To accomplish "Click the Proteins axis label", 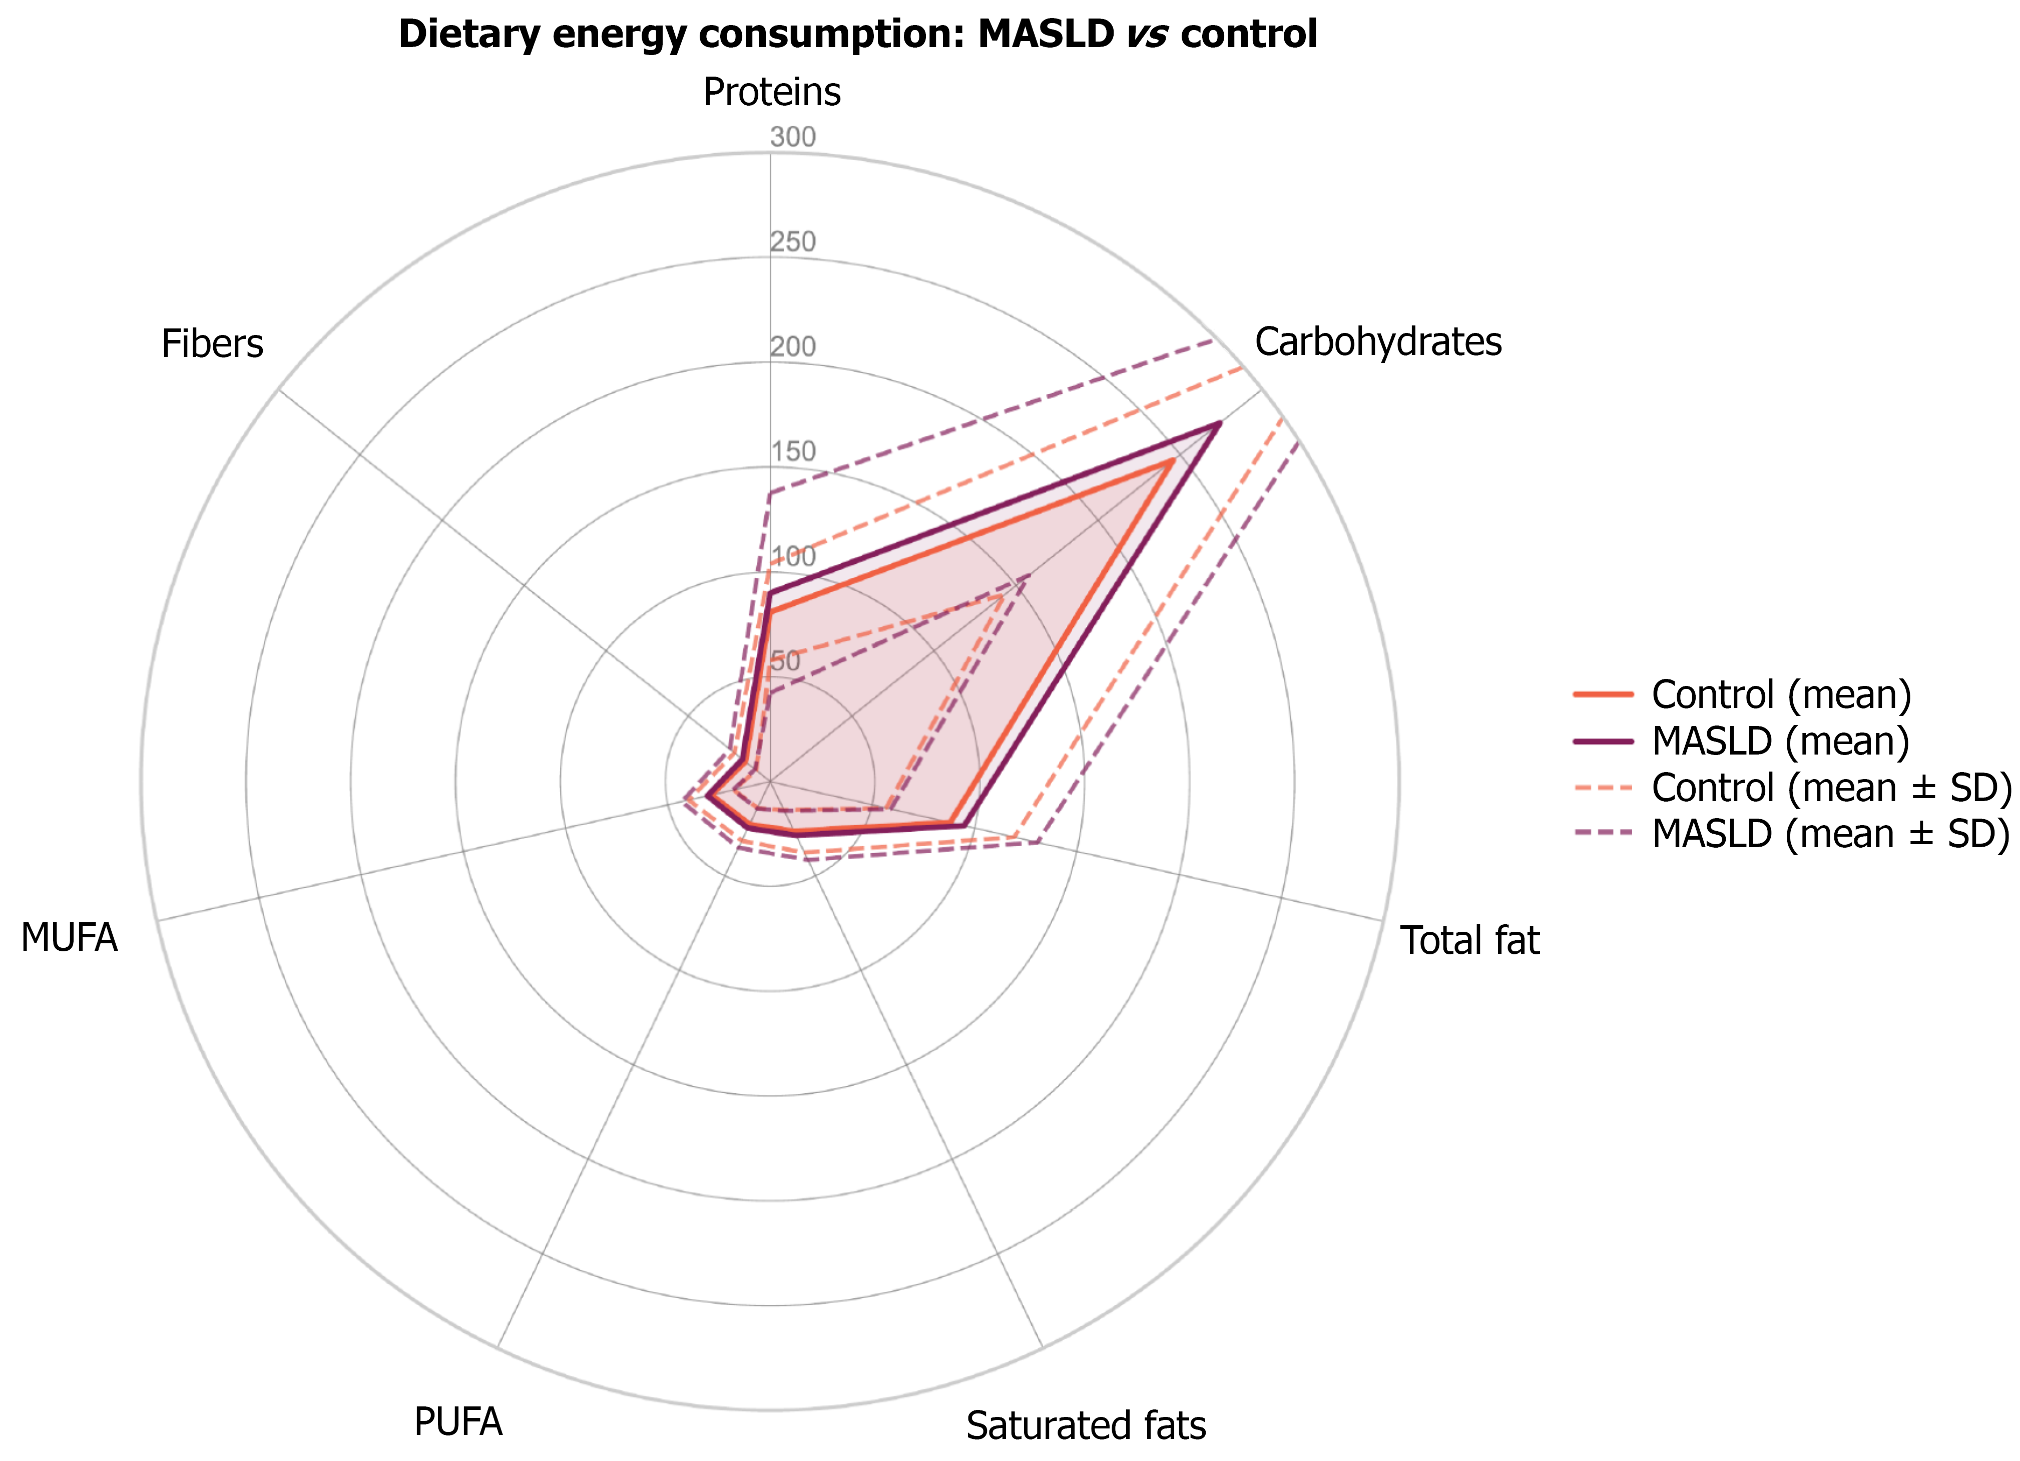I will [771, 92].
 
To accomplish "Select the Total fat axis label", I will [1469, 941].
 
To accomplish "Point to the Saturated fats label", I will [1086, 1425].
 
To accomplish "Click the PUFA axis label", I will [458, 1422].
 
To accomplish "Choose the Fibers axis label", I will [212, 344].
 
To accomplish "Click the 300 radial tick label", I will [792, 137].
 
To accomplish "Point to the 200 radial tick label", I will [792, 346].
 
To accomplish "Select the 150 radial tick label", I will [792, 452].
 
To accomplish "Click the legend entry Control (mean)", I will [1780, 694].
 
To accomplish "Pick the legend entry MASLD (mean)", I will [1780, 741].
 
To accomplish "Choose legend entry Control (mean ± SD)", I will [1830, 788].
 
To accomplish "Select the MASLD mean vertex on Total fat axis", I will [963, 826].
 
